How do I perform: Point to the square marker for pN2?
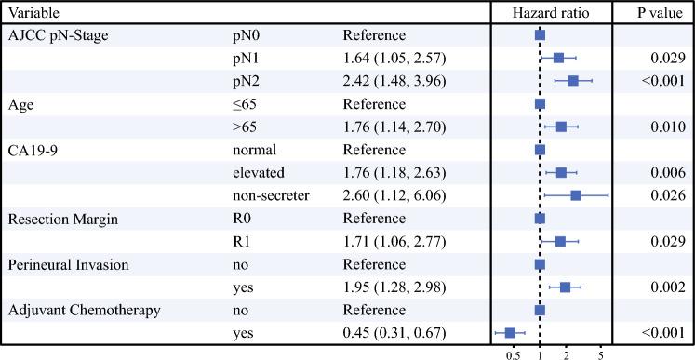573,81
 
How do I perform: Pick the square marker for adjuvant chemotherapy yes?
510,332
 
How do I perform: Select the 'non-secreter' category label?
271,195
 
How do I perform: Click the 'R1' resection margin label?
240,241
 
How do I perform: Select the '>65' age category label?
244,127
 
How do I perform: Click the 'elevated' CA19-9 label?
260,172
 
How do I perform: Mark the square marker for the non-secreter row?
576,195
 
